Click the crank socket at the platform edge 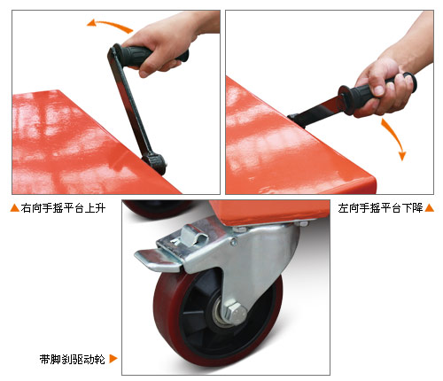tap(156, 162)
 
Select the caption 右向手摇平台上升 tap(63, 208)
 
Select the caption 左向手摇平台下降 tap(381, 208)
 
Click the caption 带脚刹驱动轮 tap(73, 359)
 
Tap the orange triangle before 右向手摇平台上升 tap(14, 208)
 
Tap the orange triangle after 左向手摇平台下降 tap(430, 208)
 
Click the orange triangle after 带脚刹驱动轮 tap(113, 359)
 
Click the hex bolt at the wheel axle tap(235, 312)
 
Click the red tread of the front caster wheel tap(167, 310)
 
